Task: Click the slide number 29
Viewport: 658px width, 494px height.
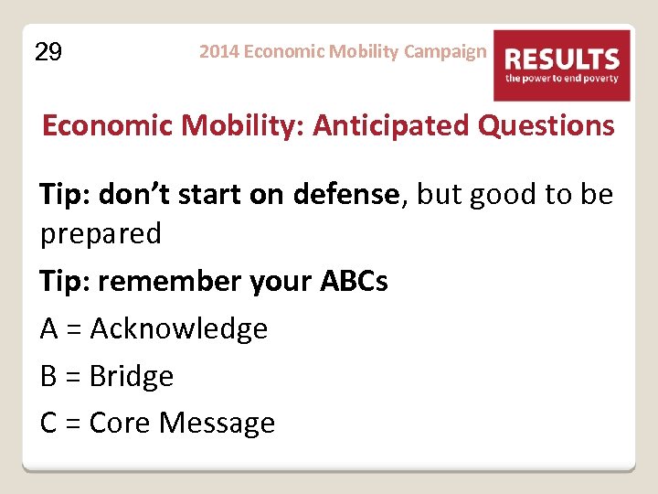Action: (48, 53)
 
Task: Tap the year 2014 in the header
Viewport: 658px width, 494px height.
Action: (219, 51)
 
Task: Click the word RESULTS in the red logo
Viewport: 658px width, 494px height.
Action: (562, 60)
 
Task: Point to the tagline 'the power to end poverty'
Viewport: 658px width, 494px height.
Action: (562, 80)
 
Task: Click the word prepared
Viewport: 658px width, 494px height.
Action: (101, 234)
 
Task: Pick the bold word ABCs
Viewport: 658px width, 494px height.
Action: (353, 282)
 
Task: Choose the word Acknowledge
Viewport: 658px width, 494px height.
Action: (178, 329)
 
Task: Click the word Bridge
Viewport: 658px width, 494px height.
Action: (131, 376)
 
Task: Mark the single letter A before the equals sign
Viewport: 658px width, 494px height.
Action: (49, 329)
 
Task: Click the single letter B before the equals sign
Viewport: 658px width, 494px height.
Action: (48, 376)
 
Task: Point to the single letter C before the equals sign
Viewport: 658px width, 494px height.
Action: (49, 423)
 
